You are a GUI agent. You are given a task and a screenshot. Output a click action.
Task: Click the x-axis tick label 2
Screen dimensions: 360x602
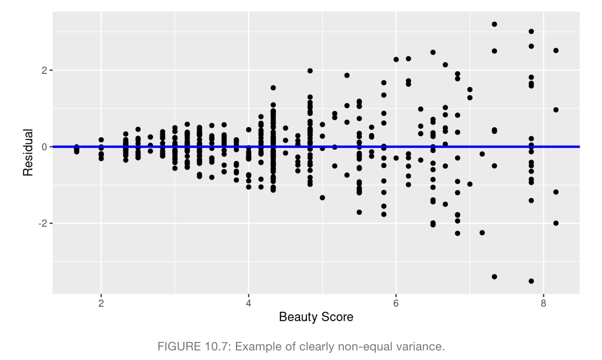(x=101, y=303)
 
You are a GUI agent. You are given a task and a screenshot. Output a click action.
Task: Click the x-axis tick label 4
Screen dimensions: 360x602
(x=248, y=303)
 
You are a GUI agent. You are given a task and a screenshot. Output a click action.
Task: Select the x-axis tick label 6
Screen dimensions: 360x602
(x=396, y=303)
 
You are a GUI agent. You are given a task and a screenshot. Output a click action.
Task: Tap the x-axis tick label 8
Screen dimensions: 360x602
(x=543, y=303)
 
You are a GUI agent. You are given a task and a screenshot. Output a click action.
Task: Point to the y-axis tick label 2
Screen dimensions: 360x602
(x=44, y=70)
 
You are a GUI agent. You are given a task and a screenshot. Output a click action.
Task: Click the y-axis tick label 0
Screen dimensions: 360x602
(x=44, y=147)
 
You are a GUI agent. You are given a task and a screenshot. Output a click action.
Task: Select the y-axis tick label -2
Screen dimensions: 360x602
(x=43, y=223)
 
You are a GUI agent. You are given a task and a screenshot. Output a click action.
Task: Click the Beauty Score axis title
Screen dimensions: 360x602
(x=316, y=317)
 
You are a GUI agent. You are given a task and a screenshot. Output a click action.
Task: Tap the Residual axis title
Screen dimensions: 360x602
(x=28, y=152)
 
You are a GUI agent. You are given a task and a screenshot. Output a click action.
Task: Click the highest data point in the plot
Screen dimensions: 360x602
(x=494, y=24)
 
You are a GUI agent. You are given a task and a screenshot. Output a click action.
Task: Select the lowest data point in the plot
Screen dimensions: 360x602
(x=531, y=281)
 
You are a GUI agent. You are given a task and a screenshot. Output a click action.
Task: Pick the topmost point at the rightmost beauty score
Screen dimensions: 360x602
(x=556, y=51)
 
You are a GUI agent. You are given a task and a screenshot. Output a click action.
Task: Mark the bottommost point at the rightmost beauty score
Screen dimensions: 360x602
(x=556, y=223)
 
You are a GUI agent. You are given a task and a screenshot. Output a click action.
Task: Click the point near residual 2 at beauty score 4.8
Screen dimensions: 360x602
(x=310, y=71)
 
